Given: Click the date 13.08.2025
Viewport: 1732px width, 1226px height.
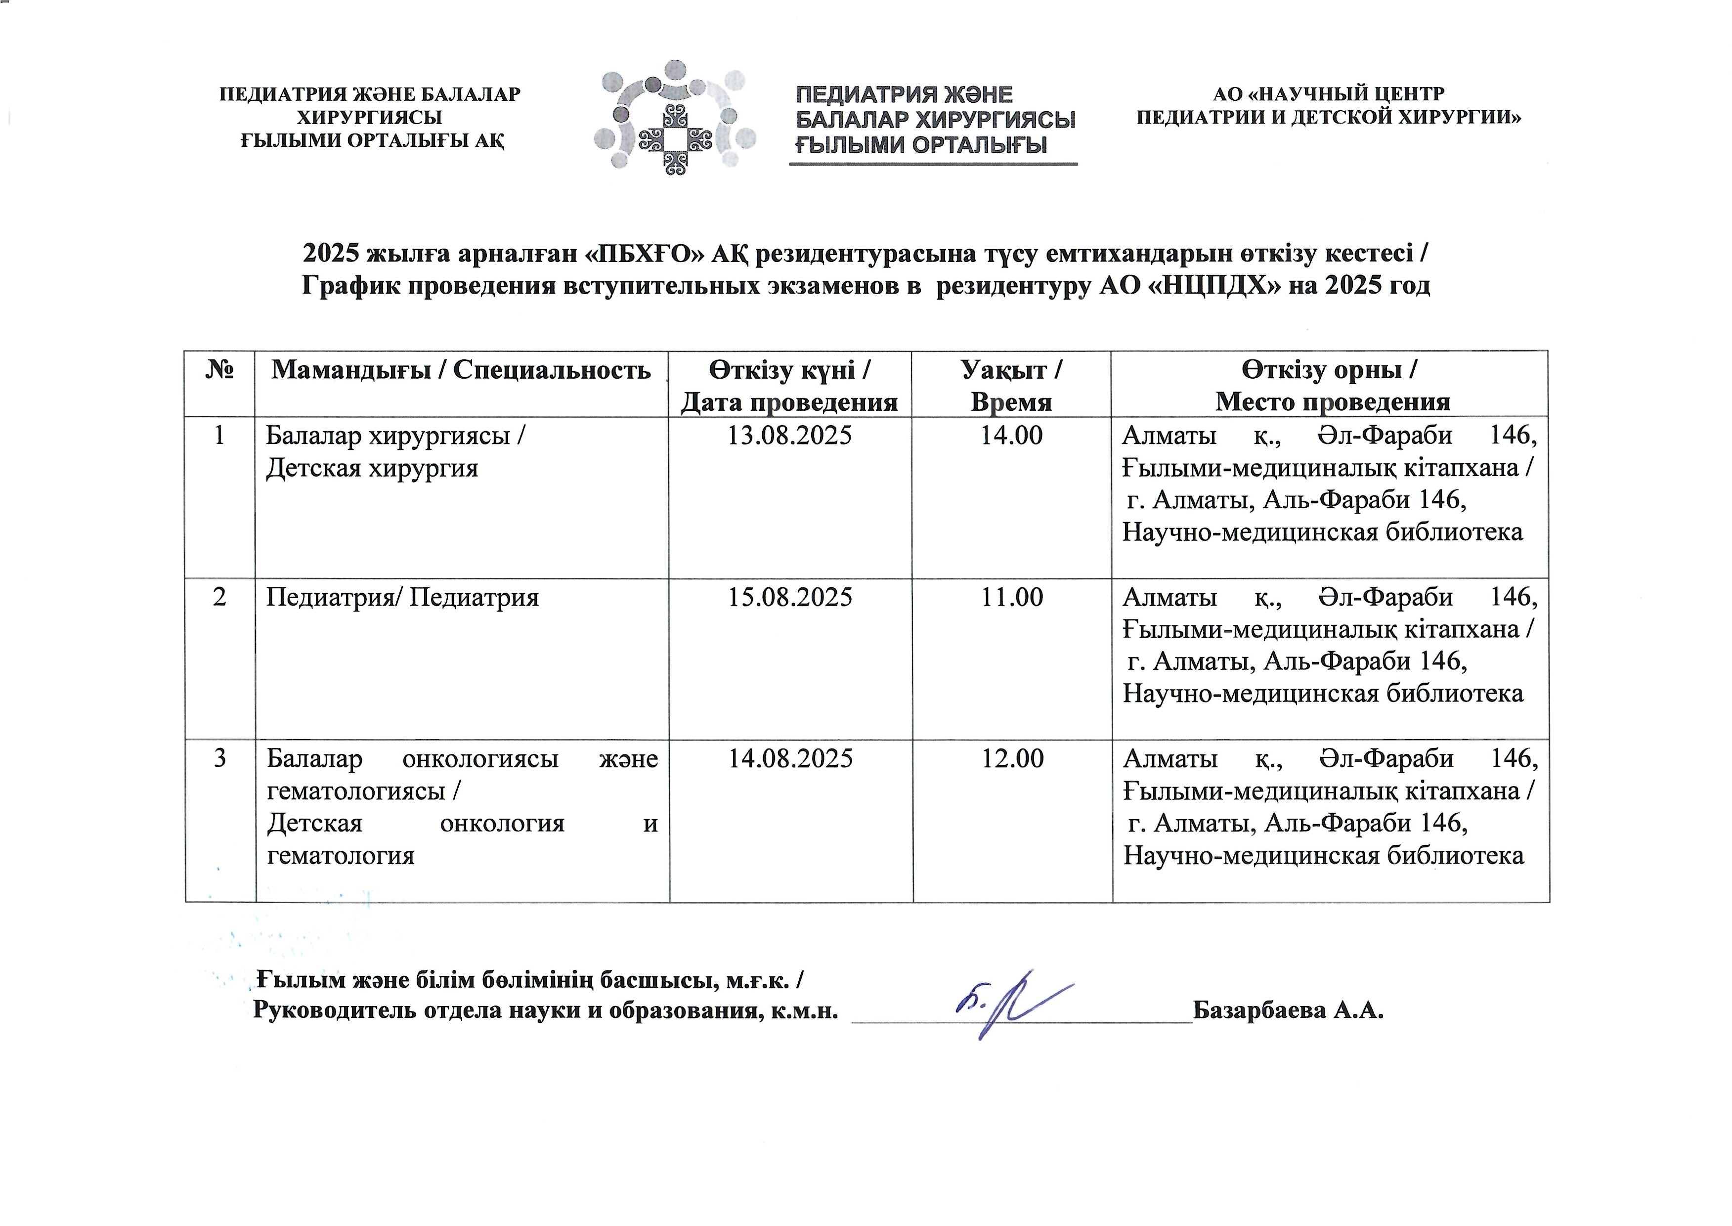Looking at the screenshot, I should [x=789, y=436].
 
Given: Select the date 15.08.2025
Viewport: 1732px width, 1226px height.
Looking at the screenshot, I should [x=789, y=597].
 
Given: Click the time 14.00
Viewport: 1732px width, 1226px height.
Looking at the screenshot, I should [x=1011, y=436].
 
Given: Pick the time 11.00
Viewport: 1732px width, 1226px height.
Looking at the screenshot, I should [x=1011, y=597].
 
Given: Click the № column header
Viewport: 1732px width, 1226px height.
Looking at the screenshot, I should [x=219, y=370].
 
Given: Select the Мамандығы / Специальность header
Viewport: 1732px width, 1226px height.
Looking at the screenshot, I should [x=461, y=370].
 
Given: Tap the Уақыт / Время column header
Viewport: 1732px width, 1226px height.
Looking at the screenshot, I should [x=1011, y=385].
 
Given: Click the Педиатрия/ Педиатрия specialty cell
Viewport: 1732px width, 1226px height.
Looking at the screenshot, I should [x=402, y=598].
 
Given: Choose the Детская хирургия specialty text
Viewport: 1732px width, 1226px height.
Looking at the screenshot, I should [x=372, y=469].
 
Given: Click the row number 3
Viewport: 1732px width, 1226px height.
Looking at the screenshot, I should [x=219, y=758].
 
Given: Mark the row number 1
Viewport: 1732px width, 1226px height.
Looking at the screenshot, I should [x=219, y=436].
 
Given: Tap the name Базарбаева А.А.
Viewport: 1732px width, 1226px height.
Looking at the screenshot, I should [x=1288, y=1009].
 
